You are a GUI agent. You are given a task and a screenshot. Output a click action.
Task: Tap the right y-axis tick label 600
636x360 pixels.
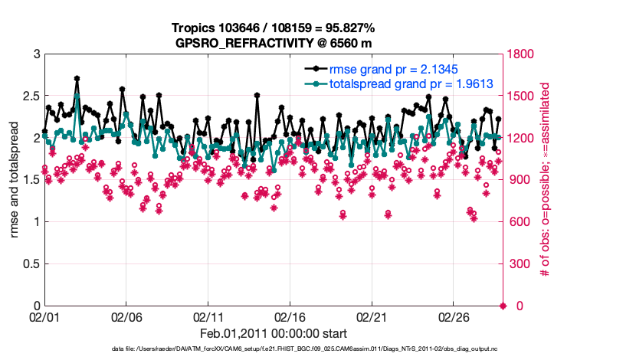pos(519,222)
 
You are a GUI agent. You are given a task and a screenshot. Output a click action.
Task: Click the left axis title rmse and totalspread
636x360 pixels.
pos(15,180)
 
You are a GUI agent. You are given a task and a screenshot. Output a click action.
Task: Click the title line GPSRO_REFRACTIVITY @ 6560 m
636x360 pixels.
pos(274,42)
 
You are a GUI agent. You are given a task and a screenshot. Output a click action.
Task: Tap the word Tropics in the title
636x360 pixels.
pos(195,28)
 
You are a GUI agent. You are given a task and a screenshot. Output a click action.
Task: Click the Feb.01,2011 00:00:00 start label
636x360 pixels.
pos(274,333)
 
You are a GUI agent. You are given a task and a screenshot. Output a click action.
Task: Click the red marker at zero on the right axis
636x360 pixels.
pos(503,306)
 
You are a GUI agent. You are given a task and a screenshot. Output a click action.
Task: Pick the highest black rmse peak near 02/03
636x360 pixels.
pos(77,78)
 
